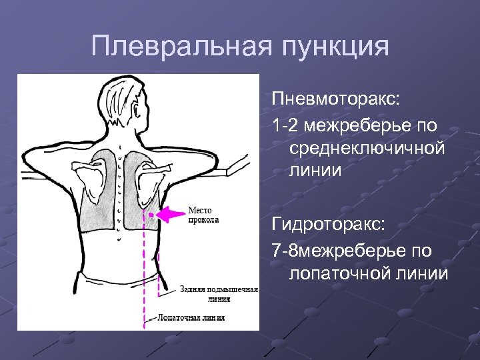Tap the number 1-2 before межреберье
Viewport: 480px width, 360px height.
[285, 124]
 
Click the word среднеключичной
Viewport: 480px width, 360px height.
[367, 147]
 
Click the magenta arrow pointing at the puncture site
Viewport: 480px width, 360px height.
[172, 214]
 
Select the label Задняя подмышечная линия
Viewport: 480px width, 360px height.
[218, 294]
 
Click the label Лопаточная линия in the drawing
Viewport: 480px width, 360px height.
[191, 318]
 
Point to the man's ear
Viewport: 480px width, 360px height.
[139, 107]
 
